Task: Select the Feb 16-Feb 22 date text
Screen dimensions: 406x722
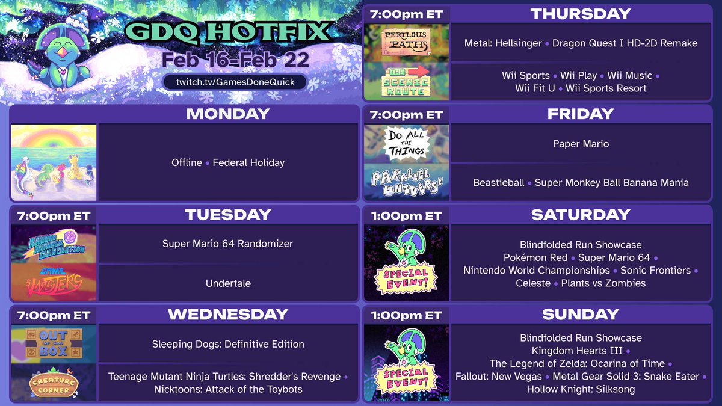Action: click(235, 60)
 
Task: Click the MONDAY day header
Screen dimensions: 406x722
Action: click(227, 114)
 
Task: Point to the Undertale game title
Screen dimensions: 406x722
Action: click(228, 283)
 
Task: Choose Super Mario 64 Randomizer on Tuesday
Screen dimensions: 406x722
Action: click(228, 244)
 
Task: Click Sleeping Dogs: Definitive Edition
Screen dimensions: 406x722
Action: click(228, 344)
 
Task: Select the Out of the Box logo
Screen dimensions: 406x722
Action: click(54, 343)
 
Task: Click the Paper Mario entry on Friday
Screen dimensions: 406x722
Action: click(581, 144)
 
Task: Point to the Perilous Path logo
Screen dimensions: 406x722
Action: click(406, 43)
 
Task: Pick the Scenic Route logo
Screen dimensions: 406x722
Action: click(406, 81)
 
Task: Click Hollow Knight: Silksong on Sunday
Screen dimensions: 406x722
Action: click(581, 389)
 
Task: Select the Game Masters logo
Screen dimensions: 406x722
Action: click(54, 283)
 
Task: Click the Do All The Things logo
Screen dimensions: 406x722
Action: click(406, 143)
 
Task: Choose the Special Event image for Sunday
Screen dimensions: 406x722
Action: click(406, 363)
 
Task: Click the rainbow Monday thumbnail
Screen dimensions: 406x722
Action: click(54, 162)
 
